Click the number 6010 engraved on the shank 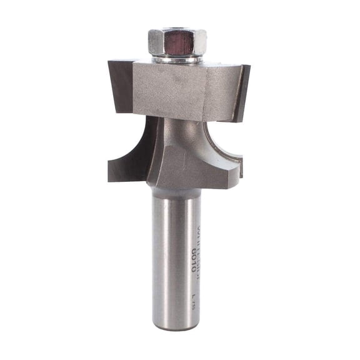pyautogui.click(x=193, y=257)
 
